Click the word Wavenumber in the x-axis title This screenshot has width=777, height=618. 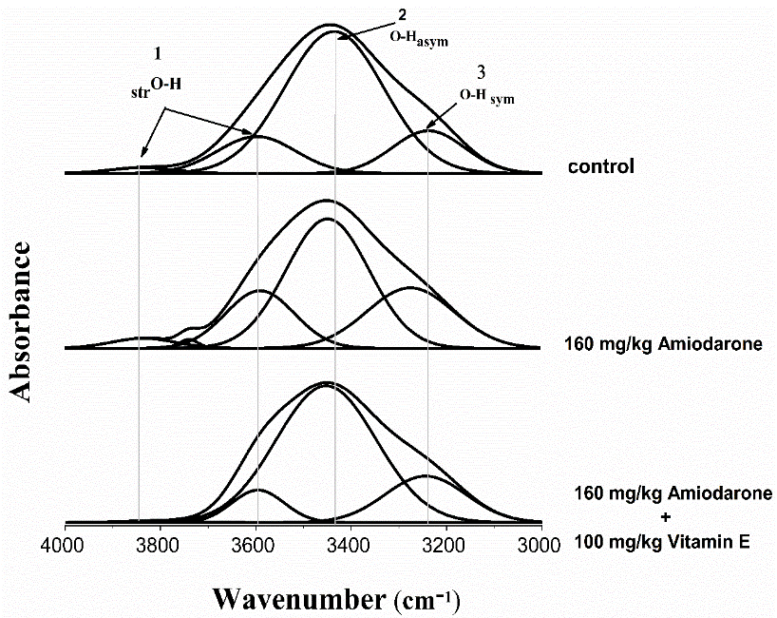(x=297, y=598)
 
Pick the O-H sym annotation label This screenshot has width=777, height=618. (x=486, y=95)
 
